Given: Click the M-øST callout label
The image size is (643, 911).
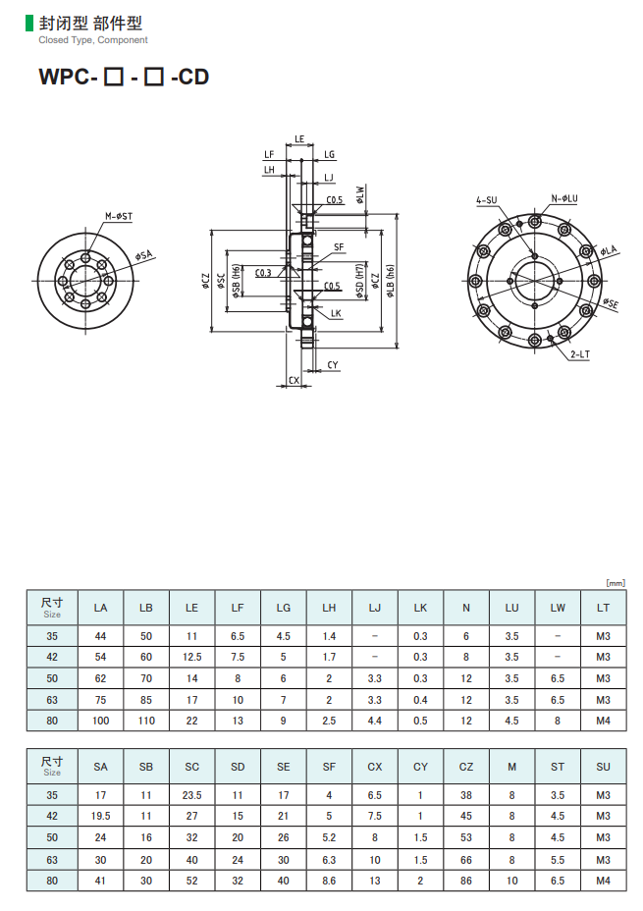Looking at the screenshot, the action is coord(119,216).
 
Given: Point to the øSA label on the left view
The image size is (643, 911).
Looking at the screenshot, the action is coord(143,255).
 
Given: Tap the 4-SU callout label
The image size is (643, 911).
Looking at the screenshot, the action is coord(487,200).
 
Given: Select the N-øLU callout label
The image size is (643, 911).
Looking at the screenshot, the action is coord(564,198).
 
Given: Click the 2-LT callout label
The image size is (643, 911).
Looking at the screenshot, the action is coord(580,353).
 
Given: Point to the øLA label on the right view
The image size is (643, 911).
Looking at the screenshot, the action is coord(609,250).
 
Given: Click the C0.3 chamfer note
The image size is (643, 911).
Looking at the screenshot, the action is coord(263,273).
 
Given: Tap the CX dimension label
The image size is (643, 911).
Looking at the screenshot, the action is coord(294,380).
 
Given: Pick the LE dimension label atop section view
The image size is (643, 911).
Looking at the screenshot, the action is coord(299,138).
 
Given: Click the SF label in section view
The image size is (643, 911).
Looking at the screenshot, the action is coord(339,247).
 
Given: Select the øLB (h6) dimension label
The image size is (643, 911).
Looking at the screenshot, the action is coord(391,281).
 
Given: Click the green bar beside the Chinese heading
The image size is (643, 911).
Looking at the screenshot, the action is coord(29,24).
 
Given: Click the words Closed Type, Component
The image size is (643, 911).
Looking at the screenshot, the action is coord(93,40).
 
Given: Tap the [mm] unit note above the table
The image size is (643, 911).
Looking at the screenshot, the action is coord(616,583).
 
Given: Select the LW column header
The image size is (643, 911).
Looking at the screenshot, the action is coord(558,608).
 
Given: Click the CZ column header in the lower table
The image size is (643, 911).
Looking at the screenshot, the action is coord(466,767).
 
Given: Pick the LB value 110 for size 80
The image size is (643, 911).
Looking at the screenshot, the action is coord(146,721).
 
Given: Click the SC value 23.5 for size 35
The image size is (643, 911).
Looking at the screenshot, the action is coord(191,795).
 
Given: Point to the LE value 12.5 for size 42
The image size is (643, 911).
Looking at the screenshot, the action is coord(191,657).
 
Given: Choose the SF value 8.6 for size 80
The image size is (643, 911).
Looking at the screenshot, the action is coord(329,881).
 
